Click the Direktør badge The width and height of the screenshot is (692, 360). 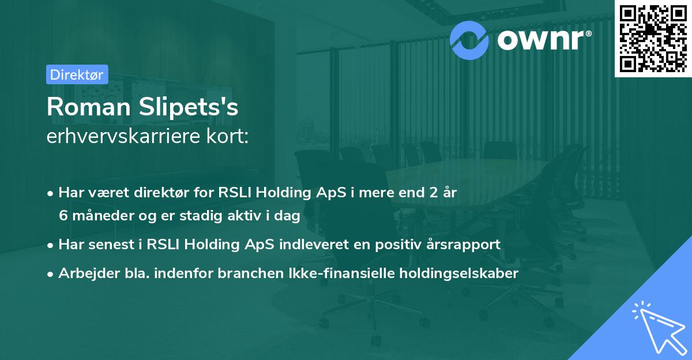77,74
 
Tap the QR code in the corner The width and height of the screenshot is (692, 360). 653,37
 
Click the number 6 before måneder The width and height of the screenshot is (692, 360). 63,216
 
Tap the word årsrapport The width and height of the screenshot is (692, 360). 466,244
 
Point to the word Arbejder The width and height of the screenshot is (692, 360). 84,273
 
